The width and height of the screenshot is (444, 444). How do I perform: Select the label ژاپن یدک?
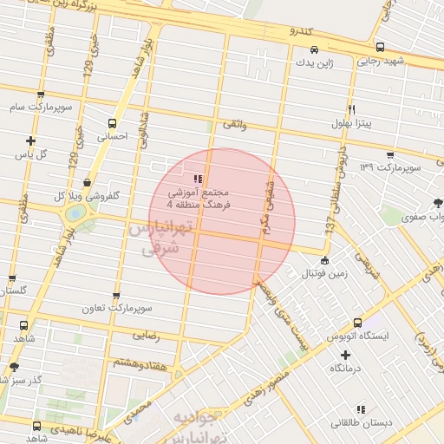pos(313,62)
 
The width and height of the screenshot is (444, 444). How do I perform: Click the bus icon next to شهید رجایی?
pos(380,47)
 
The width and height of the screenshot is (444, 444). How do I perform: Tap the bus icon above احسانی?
pos(111,123)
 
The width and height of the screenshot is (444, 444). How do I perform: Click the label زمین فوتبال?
pos(323,274)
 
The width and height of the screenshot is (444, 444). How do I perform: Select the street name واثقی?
pos(235,126)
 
